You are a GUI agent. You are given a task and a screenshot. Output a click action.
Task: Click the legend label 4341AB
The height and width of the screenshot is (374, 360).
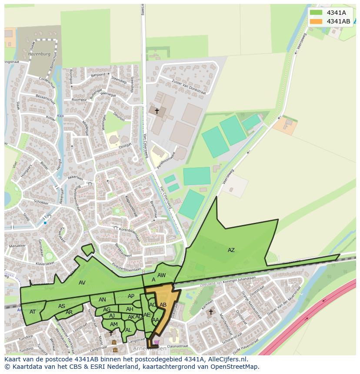point(338,21)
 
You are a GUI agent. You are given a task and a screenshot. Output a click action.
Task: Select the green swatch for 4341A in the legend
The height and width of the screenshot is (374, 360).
point(316,13)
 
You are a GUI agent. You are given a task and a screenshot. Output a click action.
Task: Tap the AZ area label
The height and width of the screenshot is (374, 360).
point(231,250)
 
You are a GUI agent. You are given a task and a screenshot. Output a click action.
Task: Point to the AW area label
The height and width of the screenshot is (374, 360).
point(161,275)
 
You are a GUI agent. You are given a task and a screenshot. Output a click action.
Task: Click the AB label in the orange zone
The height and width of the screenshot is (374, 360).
point(163,305)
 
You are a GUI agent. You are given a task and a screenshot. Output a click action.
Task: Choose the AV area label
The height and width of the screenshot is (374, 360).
point(82,283)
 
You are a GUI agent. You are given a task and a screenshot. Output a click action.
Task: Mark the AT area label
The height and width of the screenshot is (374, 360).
point(33,311)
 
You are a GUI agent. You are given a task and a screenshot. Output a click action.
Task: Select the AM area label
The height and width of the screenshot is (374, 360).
point(113,324)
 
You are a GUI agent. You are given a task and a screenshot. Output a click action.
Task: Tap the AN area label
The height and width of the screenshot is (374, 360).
point(102,300)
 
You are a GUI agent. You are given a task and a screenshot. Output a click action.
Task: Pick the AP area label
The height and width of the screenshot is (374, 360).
point(131,296)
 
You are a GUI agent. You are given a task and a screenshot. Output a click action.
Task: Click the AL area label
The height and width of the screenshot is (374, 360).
point(128,330)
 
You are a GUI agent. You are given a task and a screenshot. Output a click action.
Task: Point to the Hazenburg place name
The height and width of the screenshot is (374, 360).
point(40,54)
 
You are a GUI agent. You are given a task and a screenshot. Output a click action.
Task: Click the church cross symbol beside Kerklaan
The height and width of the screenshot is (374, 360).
point(211,311)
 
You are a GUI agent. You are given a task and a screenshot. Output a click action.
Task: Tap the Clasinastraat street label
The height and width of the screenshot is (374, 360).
point(178,346)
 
